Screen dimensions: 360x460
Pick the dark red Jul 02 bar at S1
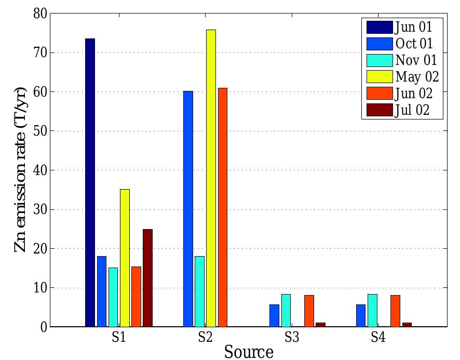point(147,278)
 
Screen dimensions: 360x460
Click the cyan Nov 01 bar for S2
point(199,291)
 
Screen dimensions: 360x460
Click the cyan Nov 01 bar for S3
point(286,311)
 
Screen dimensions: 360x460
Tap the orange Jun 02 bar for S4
point(395,311)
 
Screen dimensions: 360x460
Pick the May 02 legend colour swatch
point(379,76)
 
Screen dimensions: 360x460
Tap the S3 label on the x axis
point(291,337)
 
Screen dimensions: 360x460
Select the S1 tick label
point(118,337)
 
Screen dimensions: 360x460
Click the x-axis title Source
point(249,352)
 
